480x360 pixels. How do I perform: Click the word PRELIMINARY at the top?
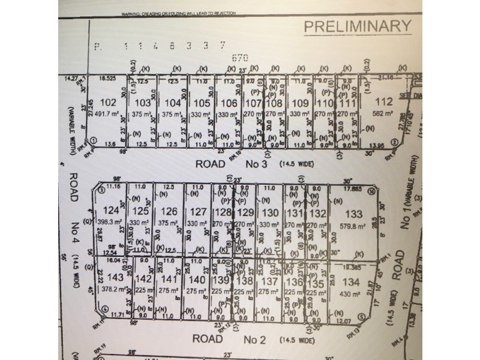click(x=358, y=26)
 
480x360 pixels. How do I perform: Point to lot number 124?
click(x=110, y=210)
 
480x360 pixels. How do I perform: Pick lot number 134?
click(x=350, y=283)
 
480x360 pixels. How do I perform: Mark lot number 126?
click(x=169, y=211)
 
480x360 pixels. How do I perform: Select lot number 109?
click(x=301, y=102)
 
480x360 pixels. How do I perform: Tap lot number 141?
click(x=171, y=278)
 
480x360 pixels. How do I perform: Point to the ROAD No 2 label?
click(x=230, y=339)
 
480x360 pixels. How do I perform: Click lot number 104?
click(x=172, y=102)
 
